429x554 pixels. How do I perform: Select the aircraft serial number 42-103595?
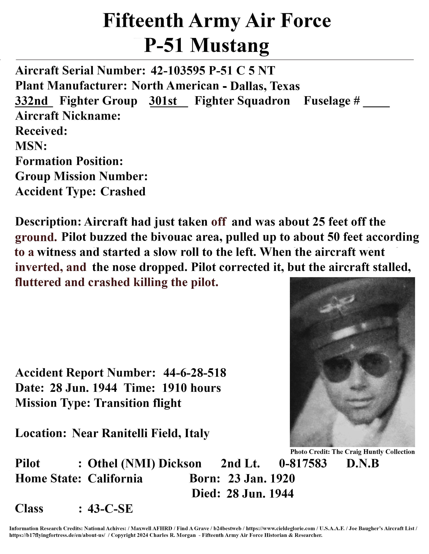(178, 71)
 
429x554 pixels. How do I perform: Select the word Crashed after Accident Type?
(123, 192)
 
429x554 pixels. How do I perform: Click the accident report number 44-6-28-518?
(195, 373)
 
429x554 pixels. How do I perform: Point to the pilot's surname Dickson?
(180, 464)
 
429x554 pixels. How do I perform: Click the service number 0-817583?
(303, 464)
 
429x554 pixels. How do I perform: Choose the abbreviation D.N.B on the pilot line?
(362, 464)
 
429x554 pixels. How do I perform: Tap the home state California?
(115, 479)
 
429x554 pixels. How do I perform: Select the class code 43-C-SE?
(110, 509)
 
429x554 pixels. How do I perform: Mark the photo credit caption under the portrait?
(352, 452)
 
